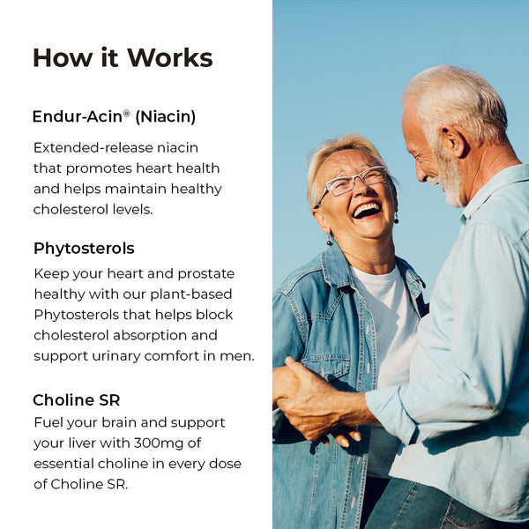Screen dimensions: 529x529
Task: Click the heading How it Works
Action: point(123,58)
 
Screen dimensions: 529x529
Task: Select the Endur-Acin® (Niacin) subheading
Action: point(114,116)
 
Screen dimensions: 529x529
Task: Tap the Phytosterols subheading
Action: point(84,249)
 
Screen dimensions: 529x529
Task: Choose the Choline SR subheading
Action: point(76,400)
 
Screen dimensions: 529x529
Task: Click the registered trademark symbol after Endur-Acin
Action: point(127,113)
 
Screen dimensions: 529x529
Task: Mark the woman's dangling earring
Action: point(330,239)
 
